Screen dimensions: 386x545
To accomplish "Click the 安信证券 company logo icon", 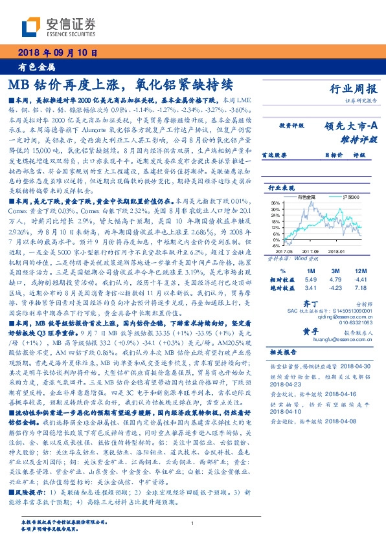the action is coord(32,26).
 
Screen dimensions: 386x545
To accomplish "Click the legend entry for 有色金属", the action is coord(305,195).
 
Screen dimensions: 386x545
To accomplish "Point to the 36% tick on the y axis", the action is coord(275,203).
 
